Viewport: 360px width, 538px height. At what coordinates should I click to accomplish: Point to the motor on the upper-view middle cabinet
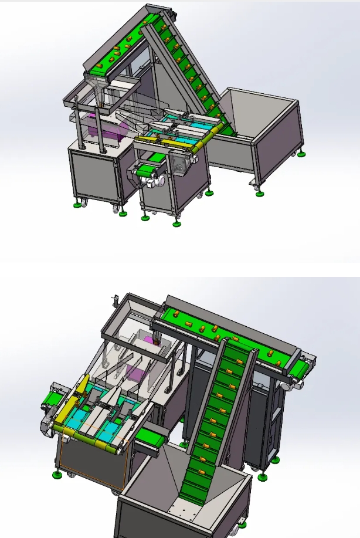[181, 163]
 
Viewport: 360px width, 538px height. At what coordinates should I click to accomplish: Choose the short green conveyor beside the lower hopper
[151, 437]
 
